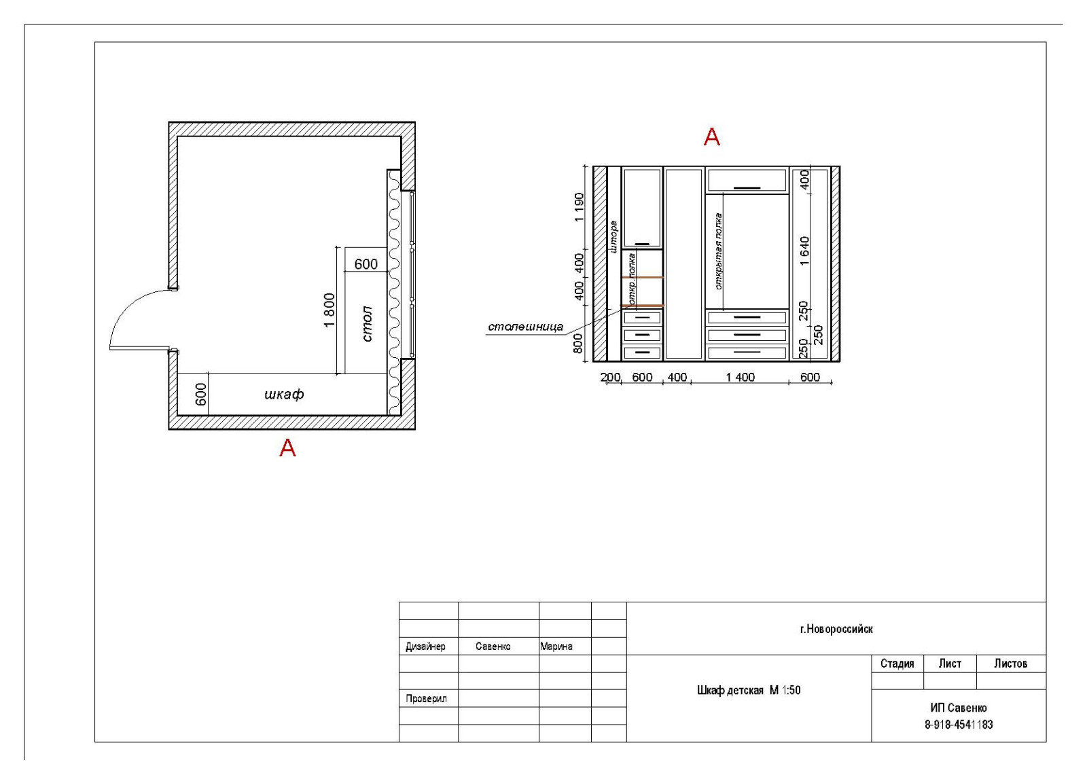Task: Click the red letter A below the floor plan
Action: click(288, 448)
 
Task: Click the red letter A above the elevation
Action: click(712, 137)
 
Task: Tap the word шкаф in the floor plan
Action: click(285, 394)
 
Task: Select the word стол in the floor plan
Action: click(368, 323)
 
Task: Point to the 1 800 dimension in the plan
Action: click(329, 310)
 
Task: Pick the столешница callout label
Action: click(526, 327)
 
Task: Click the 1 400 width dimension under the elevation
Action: click(740, 377)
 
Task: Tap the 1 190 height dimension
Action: click(579, 207)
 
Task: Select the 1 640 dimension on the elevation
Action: click(804, 251)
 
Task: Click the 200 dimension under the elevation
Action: click(611, 377)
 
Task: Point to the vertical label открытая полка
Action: click(719, 251)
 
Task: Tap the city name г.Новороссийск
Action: click(836, 629)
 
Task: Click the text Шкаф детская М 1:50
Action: click(749, 690)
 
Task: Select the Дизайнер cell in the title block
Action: click(425, 646)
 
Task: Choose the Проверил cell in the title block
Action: click(426, 699)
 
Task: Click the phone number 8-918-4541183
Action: click(959, 725)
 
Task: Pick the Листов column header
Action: click(1010, 664)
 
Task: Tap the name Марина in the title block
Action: click(556, 646)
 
